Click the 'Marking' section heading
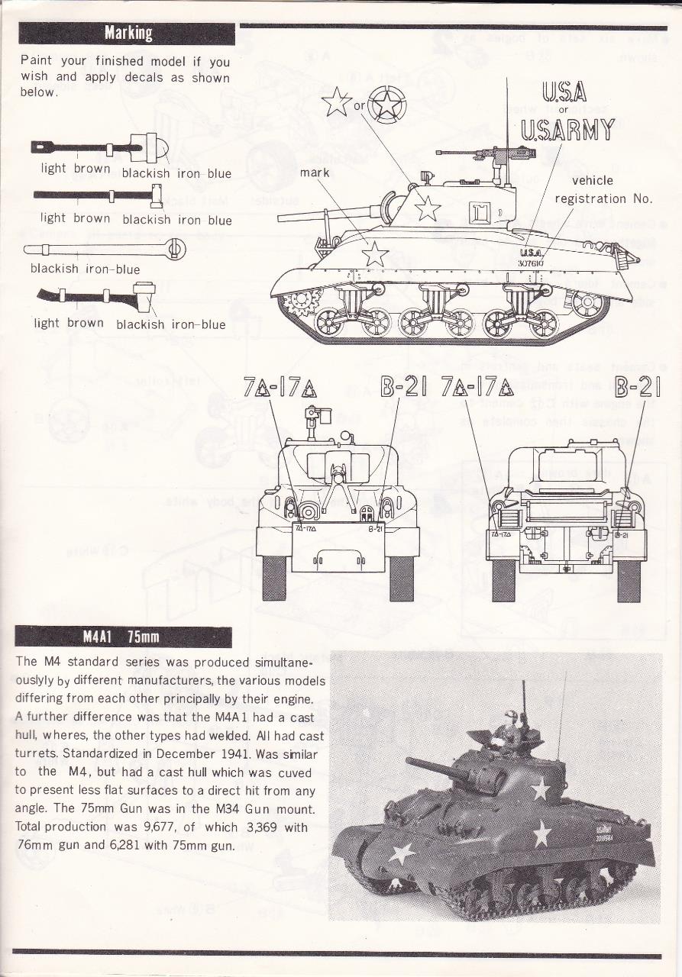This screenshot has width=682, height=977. coord(128,34)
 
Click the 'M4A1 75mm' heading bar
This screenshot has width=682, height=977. coord(122,637)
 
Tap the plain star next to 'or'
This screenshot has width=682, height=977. coord(337,102)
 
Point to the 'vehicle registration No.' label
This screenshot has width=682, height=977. coord(603,189)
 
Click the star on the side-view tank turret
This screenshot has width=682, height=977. coord(427,208)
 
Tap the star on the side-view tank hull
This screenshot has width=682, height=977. coord(375,253)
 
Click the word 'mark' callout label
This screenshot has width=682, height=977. coord(315,173)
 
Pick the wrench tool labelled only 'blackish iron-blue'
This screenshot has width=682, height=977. coord(105,248)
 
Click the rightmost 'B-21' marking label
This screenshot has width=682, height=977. coord(638,389)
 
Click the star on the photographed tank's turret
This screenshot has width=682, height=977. coord(540,788)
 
